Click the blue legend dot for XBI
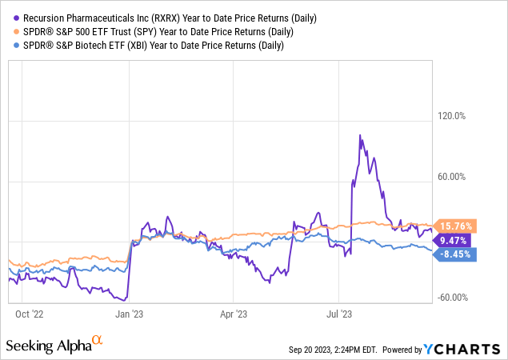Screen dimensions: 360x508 coord(10,46)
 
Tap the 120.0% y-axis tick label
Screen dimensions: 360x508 coord(449,116)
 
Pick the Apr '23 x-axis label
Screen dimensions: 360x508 coord(234,314)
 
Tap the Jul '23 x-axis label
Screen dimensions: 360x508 coord(339,314)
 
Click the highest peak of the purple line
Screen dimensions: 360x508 coord(360,135)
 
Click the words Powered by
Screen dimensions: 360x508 coord(402,350)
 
